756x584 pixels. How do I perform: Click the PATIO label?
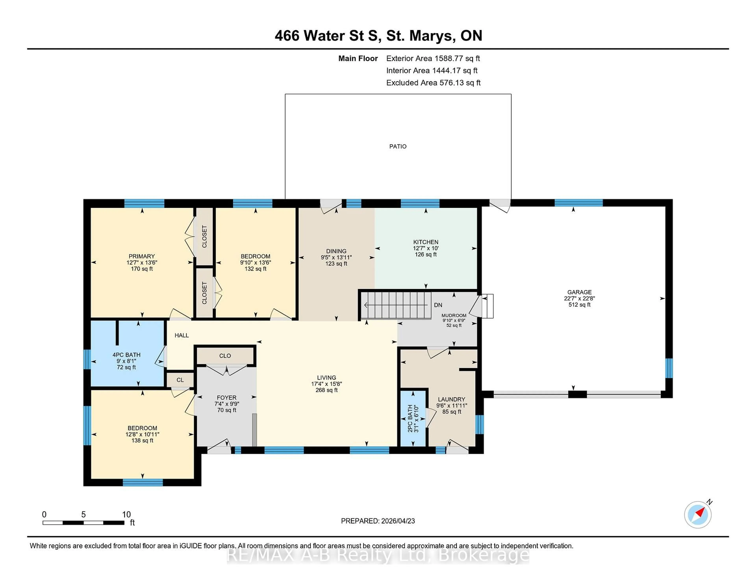[x=398, y=146]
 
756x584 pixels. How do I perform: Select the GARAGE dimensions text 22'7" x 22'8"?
[x=579, y=298]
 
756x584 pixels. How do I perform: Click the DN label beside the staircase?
[x=438, y=305]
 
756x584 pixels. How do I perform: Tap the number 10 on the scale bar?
[x=126, y=515]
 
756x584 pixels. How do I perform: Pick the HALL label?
[x=181, y=335]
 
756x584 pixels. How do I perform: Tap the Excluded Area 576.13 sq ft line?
[x=433, y=83]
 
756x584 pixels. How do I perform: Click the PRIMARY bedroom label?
[x=142, y=256]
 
